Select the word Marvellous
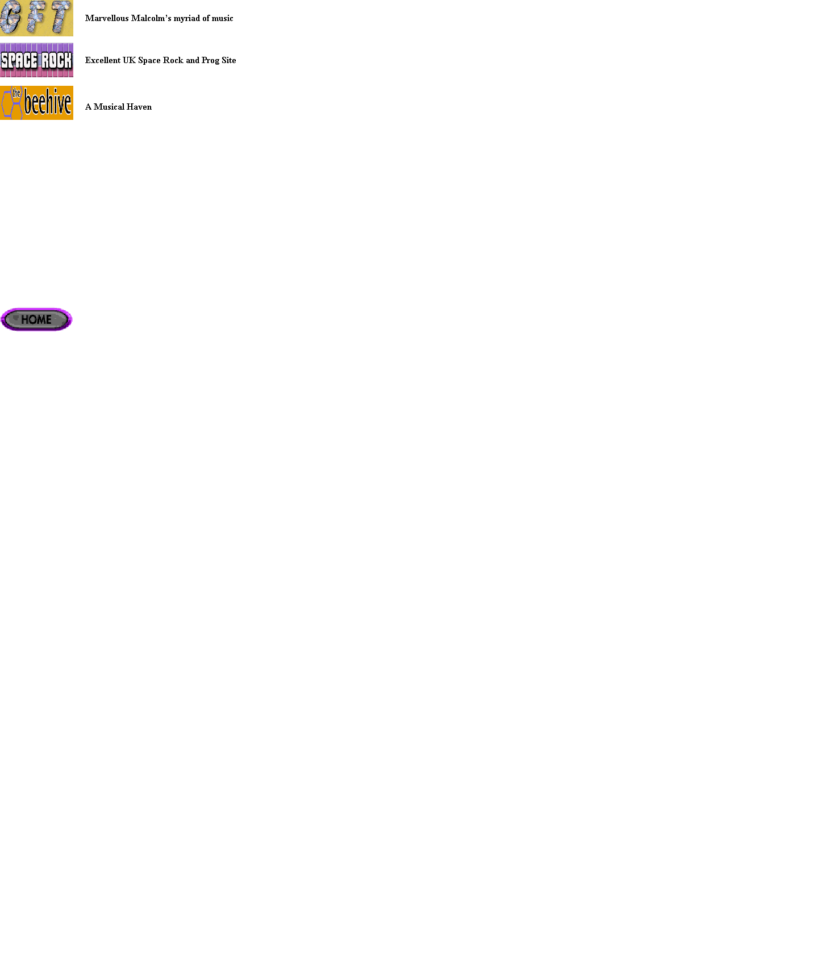point(107,18)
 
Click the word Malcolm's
point(151,18)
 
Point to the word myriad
point(187,19)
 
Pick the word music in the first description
point(223,18)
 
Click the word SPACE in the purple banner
point(19,60)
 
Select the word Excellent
point(103,60)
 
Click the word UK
point(130,60)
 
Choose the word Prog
point(211,61)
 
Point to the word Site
point(229,60)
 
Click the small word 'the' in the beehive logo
point(16,93)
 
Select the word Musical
point(109,107)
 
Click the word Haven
point(139,107)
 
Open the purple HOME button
point(36,319)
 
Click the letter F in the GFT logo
point(35,18)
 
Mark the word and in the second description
point(193,60)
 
